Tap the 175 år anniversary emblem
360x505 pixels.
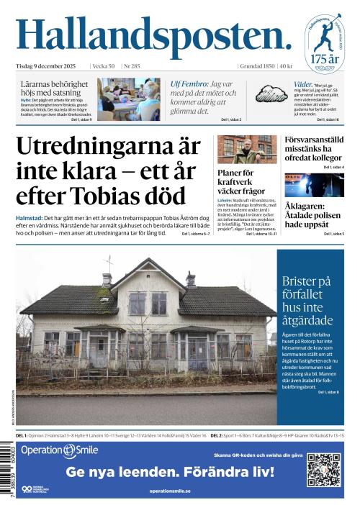[x=323, y=43]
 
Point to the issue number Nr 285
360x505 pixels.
[x=132, y=66]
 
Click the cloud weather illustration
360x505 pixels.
[x=271, y=94]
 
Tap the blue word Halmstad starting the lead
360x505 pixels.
[x=29, y=217]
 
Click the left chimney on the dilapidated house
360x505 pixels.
[x=107, y=278]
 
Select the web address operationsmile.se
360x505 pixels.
[x=170, y=491]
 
